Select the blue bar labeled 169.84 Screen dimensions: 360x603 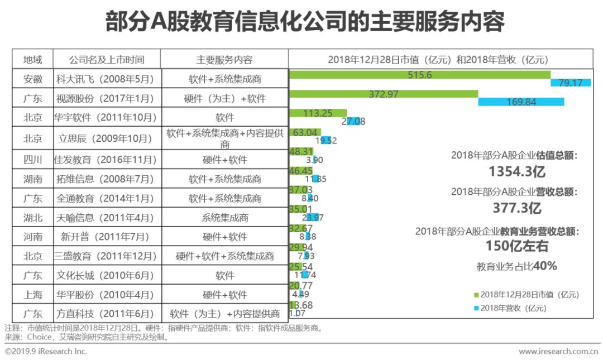(521, 102)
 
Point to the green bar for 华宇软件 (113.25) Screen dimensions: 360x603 (318, 113)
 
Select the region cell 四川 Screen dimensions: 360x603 (32, 160)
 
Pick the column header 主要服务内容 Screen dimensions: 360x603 (224, 60)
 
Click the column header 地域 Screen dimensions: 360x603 (32, 60)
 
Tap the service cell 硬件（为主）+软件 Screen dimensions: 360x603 (224, 99)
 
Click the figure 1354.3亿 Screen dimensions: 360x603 (515, 171)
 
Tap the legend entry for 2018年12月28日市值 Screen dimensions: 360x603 (525, 294)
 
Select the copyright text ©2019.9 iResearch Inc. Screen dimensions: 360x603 (46, 352)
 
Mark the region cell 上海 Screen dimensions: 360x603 (32, 294)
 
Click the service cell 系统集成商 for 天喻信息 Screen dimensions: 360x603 (224, 218)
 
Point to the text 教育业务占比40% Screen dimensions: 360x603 (516, 266)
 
